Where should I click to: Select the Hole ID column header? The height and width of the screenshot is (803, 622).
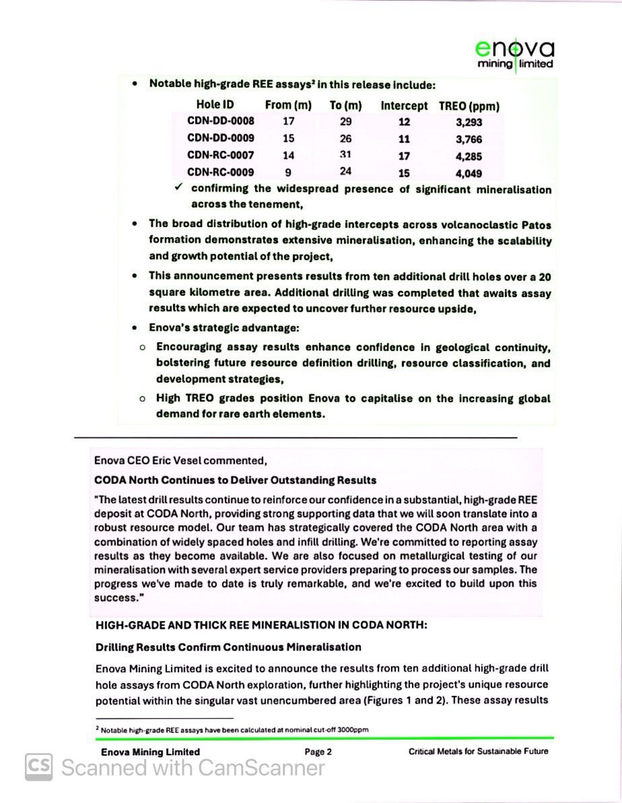tap(215, 105)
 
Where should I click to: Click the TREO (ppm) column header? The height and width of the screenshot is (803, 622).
tap(469, 106)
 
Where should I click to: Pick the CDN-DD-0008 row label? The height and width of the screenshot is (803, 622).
tap(221, 122)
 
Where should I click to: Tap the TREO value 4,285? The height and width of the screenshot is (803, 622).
tap(469, 156)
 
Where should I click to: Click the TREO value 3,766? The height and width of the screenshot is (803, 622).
tap(469, 139)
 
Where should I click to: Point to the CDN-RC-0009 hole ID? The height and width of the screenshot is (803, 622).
tap(221, 172)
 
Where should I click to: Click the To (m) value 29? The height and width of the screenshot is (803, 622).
tap(345, 122)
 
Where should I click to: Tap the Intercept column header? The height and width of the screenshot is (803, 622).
tap(404, 106)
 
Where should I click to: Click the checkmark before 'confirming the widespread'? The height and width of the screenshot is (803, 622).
tap(178, 188)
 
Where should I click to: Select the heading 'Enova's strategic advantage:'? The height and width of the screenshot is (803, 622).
tap(224, 328)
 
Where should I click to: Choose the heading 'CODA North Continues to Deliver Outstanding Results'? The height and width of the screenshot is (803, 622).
tap(235, 480)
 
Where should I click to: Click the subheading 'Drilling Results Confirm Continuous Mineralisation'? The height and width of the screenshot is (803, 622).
tap(228, 647)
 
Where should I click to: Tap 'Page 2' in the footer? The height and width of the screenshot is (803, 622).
tap(318, 752)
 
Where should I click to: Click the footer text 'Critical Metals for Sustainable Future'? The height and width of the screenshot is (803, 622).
tap(478, 751)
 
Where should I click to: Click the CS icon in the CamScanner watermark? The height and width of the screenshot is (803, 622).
tap(39, 767)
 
